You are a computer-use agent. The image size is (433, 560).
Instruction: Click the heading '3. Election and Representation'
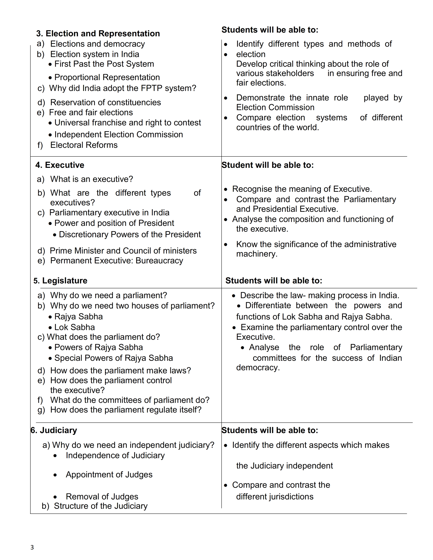coord(98,34)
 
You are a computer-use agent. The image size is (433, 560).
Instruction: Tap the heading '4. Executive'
coord(60,165)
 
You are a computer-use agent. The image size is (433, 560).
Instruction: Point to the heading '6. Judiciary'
coord(54,430)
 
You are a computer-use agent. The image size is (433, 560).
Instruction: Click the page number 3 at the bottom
coord(32,547)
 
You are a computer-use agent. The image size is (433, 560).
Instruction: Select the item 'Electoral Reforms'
coord(84,145)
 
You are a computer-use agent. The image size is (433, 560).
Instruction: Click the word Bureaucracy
coord(159,261)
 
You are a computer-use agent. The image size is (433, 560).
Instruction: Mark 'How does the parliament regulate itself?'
coord(126,410)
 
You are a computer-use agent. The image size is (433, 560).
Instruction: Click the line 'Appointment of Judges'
coord(109,475)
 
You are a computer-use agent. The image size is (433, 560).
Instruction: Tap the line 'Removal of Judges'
coord(102,497)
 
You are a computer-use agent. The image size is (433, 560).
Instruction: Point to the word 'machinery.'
coord(257,254)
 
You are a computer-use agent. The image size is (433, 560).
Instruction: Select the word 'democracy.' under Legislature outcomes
coord(258,368)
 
